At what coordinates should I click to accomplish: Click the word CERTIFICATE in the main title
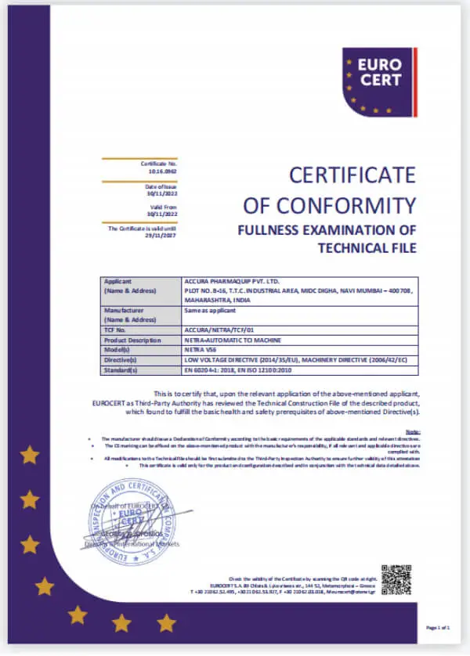(x=352, y=175)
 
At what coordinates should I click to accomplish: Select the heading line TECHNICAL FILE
(x=366, y=248)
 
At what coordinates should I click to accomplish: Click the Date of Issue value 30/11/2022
(x=162, y=192)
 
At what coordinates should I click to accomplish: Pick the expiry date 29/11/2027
(x=162, y=233)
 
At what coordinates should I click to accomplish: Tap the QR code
(x=396, y=580)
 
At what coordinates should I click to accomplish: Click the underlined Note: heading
(x=413, y=431)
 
